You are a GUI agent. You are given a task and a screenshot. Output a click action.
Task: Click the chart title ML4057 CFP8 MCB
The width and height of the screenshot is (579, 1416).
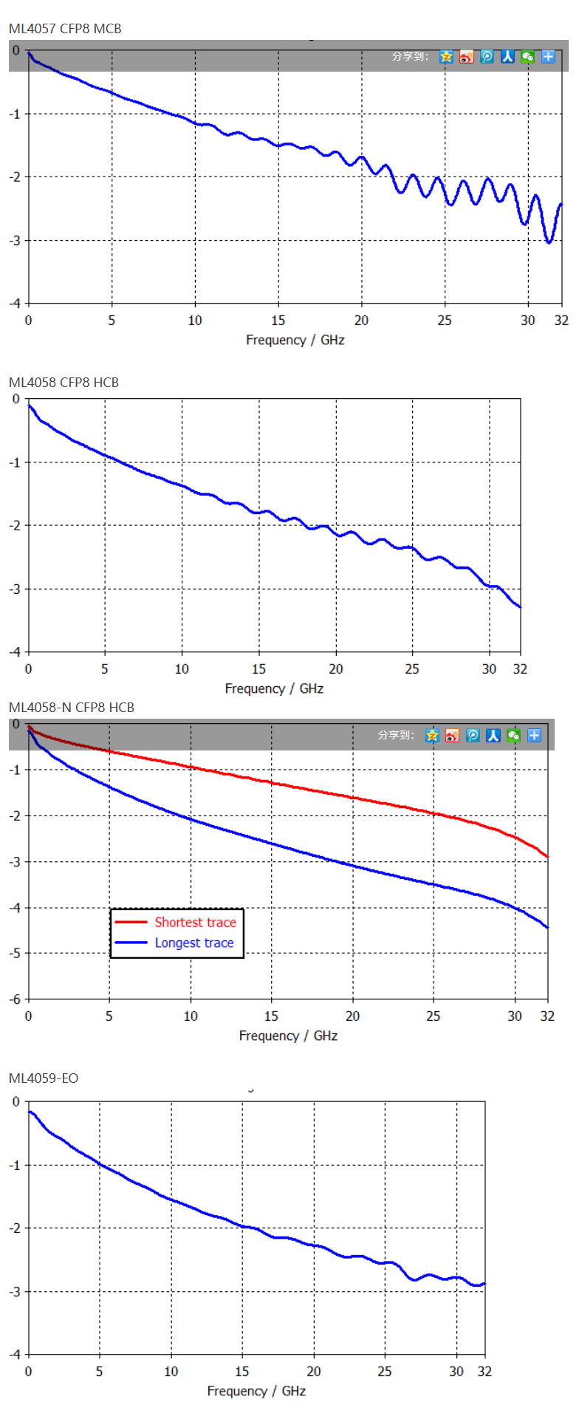point(65,29)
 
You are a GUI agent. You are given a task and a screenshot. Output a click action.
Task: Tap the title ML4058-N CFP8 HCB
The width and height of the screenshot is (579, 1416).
point(72,707)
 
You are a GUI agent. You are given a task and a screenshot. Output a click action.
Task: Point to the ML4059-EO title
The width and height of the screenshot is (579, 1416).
point(44,1078)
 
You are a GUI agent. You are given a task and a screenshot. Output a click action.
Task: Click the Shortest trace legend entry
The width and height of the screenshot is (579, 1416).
point(195,922)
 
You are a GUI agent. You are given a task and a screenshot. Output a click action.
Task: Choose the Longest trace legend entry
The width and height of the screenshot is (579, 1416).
point(193,943)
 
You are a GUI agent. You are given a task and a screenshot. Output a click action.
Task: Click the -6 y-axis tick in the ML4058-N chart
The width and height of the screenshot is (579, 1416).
point(16,999)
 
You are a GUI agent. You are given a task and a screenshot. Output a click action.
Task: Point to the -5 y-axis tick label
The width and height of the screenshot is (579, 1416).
point(16,953)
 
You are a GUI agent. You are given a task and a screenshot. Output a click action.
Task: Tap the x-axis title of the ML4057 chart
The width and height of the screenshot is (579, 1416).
point(295,340)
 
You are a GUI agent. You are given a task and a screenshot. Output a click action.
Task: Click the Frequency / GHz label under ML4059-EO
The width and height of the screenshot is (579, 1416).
point(256,1391)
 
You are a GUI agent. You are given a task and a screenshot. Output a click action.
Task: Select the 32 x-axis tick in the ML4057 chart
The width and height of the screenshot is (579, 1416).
point(561,320)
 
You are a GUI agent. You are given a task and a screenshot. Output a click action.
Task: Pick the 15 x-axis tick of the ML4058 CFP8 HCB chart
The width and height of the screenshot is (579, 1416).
point(258,668)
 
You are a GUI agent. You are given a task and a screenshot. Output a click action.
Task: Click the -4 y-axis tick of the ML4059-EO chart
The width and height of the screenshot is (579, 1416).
point(16,1354)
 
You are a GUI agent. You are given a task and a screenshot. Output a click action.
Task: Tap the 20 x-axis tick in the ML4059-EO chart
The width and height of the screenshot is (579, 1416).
point(314,1371)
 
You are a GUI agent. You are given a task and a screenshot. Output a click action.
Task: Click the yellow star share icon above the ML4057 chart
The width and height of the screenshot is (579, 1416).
point(446,56)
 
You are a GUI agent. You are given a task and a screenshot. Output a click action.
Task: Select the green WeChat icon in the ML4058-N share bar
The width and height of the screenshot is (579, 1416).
point(513,735)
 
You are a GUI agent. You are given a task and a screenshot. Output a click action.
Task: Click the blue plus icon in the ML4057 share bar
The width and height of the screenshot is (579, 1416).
point(548,56)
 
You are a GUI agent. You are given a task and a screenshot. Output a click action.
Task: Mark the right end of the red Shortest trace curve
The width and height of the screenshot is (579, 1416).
point(547,856)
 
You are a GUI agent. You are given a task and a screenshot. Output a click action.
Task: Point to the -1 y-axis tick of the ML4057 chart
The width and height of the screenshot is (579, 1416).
point(16,114)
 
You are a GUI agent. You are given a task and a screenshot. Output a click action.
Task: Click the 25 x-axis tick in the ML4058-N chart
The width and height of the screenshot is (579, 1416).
point(434,1016)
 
